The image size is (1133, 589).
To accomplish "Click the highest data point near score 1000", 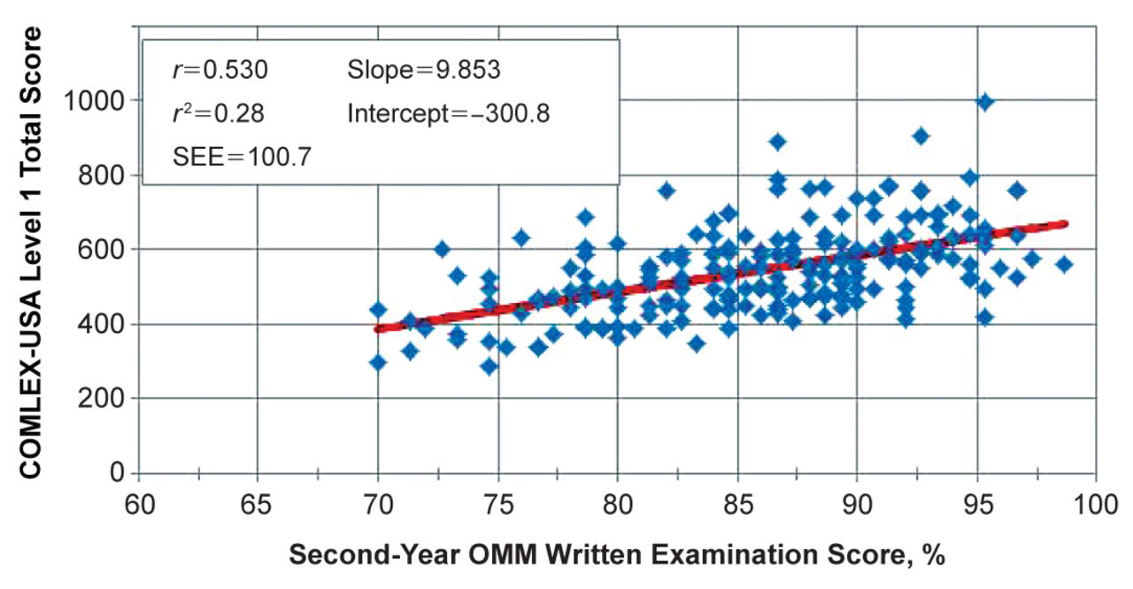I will point(985,103).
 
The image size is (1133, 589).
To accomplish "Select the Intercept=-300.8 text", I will point(449,114).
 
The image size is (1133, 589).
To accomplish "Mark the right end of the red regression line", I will point(1067,224).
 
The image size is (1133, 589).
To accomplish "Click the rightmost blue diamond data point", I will point(1064,265).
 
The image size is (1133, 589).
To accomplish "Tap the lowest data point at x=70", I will point(378,362).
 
